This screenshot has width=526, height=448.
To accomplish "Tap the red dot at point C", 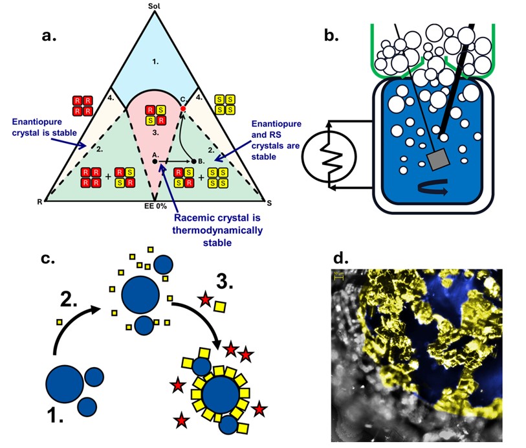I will tap(184, 109).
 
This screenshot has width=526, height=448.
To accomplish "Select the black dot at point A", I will tap(155, 160).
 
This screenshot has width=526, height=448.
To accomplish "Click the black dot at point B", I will tap(194, 160).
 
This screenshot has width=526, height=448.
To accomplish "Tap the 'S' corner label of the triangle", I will tap(269, 202).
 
